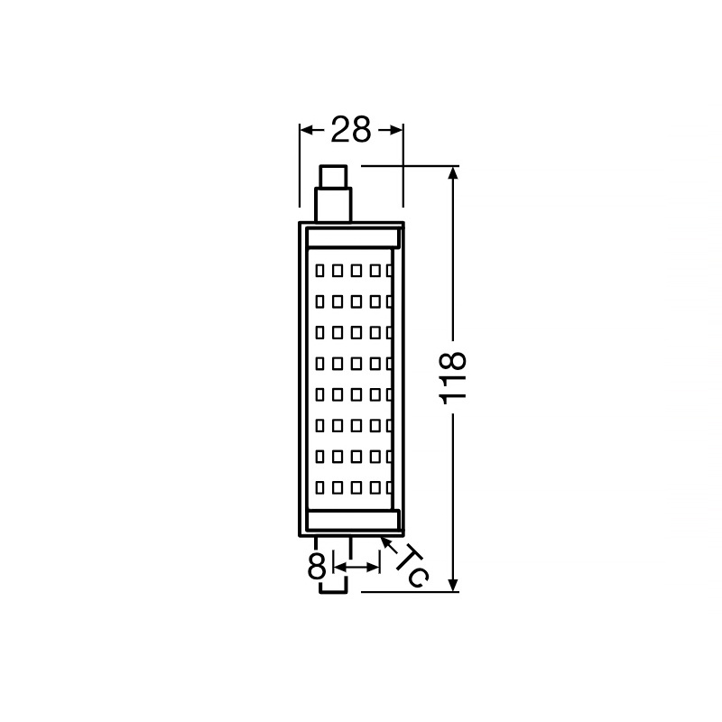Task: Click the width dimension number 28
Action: tap(351, 129)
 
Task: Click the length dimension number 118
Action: tap(453, 378)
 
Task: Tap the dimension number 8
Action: tap(317, 566)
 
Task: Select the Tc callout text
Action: tap(412, 567)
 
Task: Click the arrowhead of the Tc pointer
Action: tap(384, 541)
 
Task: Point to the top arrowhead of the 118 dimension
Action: tap(454, 172)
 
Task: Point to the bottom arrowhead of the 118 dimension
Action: tap(454, 584)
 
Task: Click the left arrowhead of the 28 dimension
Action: tap(306, 130)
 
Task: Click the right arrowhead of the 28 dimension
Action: tap(396, 130)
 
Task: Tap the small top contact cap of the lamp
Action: tap(333, 176)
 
